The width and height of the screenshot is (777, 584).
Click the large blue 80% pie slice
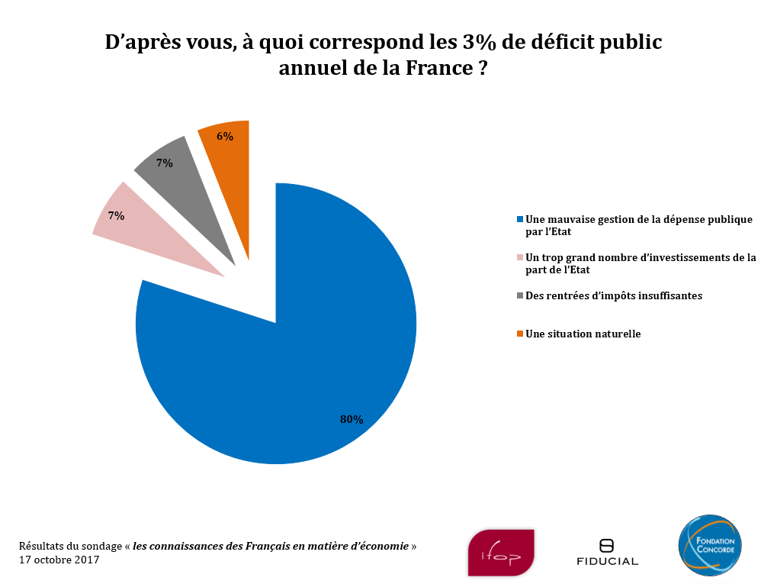pyautogui.click(x=290, y=359)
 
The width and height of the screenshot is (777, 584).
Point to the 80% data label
pyautogui.click(x=352, y=419)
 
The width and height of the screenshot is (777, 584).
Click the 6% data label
pyautogui.click(x=225, y=137)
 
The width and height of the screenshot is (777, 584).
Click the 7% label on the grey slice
pyautogui.click(x=165, y=163)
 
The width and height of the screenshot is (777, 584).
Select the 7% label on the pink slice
pyautogui.click(x=116, y=216)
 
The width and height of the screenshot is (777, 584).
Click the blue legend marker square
pyautogui.click(x=520, y=220)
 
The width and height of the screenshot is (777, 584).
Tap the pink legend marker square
pyautogui.click(x=520, y=258)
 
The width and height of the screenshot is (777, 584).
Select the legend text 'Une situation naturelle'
pyautogui.click(x=583, y=334)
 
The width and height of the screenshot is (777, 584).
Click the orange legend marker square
pyautogui.click(x=520, y=334)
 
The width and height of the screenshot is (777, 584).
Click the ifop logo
pyautogui.click(x=501, y=552)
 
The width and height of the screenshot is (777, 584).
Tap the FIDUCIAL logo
pyautogui.click(x=607, y=553)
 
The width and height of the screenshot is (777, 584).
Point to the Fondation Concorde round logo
pyautogui.click(x=710, y=545)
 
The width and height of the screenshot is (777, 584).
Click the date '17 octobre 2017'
pyautogui.click(x=59, y=560)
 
